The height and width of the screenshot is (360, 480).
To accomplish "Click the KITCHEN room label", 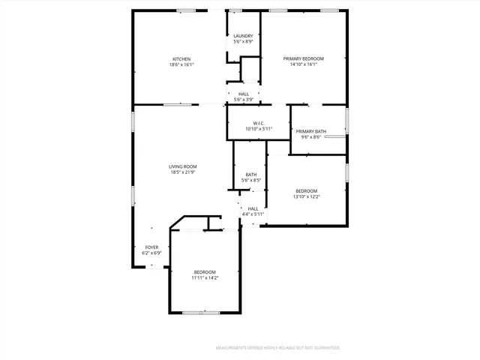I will click(x=181, y=59).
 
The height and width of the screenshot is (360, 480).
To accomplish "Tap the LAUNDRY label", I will click(x=243, y=36).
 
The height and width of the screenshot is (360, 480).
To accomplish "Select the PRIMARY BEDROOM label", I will click(x=304, y=58).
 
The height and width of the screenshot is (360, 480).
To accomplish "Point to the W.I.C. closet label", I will click(x=258, y=123).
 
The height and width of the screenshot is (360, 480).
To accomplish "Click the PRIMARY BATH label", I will click(x=310, y=131).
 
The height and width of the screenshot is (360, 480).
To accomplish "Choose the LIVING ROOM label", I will click(x=181, y=166).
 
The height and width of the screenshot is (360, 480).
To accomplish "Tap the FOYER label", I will click(x=151, y=247).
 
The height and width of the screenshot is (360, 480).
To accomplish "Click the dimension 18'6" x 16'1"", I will click(x=181, y=65).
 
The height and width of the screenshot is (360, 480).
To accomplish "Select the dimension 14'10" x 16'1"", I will click(x=304, y=64).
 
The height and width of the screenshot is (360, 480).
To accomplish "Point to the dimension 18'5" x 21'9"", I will click(x=181, y=172).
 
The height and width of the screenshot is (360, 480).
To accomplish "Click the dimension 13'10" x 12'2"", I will click(x=306, y=197).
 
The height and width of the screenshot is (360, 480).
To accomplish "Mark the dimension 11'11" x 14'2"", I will click(x=205, y=278).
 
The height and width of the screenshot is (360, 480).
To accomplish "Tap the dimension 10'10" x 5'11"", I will click(x=258, y=129).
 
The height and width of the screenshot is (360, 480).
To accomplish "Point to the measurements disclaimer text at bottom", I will click(x=278, y=348).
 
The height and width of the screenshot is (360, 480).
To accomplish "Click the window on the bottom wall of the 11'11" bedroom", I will click(x=201, y=312).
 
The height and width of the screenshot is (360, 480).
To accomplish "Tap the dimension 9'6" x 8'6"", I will click(x=310, y=137).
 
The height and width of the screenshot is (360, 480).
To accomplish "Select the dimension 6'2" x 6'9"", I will click(x=151, y=253).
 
